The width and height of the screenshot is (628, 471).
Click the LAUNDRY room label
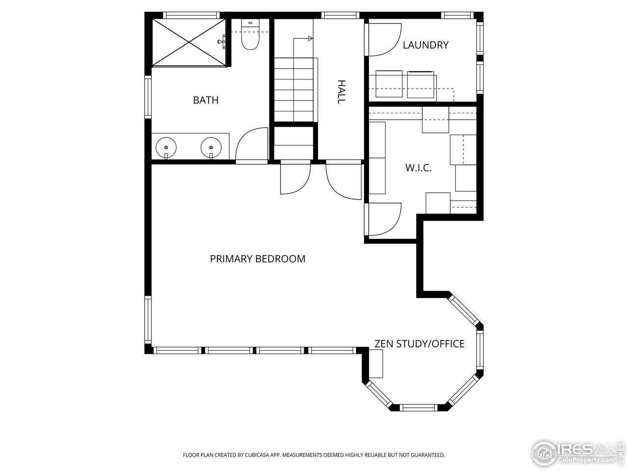coord(425,45)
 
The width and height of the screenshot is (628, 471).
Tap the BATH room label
coord(206,100)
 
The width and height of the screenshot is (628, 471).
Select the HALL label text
coord(341,92)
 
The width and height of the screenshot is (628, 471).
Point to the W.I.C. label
coord(418,168)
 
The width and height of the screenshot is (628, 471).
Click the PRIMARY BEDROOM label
coord(258,259)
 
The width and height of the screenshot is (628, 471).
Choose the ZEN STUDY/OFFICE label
coord(419,343)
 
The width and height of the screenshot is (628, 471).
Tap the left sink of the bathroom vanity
coord(166,147)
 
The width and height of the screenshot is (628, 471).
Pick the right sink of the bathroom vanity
coord(211,147)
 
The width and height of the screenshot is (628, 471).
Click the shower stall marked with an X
coord(189,42)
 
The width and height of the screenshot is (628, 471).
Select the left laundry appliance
coord(389,84)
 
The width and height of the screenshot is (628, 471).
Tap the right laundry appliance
coord(421,84)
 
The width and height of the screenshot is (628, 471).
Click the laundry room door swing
coord(382,39)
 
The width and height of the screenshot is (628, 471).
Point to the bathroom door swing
coord(251,144)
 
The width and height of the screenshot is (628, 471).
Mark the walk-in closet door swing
coord(383,219)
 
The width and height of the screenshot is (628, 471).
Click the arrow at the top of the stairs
coord(310,38)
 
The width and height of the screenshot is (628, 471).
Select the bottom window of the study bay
coord(418,407)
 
